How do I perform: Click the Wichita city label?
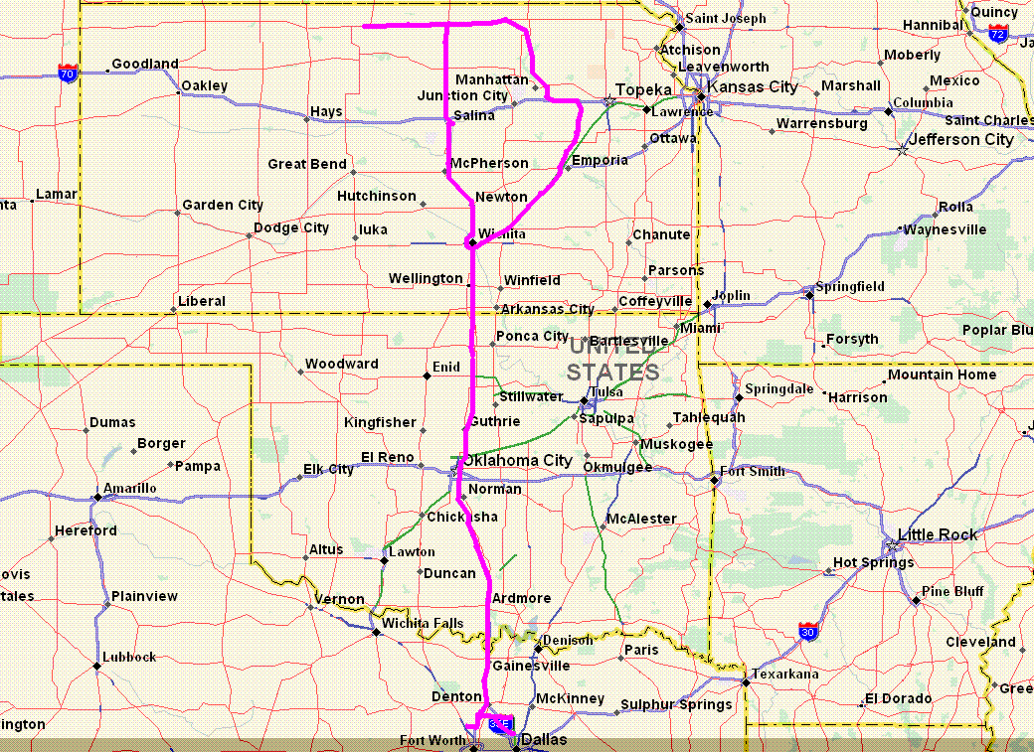[x=501, y=234]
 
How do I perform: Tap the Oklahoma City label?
[x=518, y=461]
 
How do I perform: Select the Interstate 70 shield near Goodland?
[x=68, y=73]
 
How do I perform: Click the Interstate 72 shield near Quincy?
[x=998, y=34]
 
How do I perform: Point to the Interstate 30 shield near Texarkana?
[x=808, y=630]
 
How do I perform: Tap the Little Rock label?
[x=938, y=534]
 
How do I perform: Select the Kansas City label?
[x=753, y=86]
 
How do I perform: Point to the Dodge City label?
[x=291, y=227]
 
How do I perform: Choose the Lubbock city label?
[x=129, y=657]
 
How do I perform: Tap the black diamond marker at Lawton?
[x=384, y=560]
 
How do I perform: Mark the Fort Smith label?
[x=753, y=472]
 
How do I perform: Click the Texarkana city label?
[x=785, y=675]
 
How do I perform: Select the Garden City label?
[x=223, y=205]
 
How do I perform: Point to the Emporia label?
[x=600, y=160]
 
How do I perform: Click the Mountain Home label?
[x=942, y=375]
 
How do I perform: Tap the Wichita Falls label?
[x=423, y=623]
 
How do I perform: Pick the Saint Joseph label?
[x=726, y=18]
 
